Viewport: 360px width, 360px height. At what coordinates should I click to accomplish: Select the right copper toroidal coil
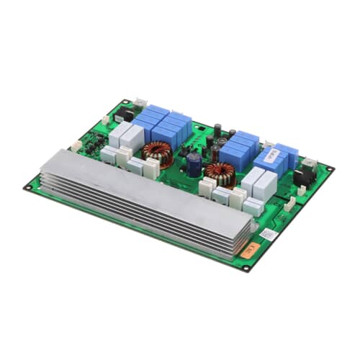220,174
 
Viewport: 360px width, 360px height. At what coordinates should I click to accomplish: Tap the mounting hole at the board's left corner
28,188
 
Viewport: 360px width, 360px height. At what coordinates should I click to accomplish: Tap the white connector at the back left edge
106,119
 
